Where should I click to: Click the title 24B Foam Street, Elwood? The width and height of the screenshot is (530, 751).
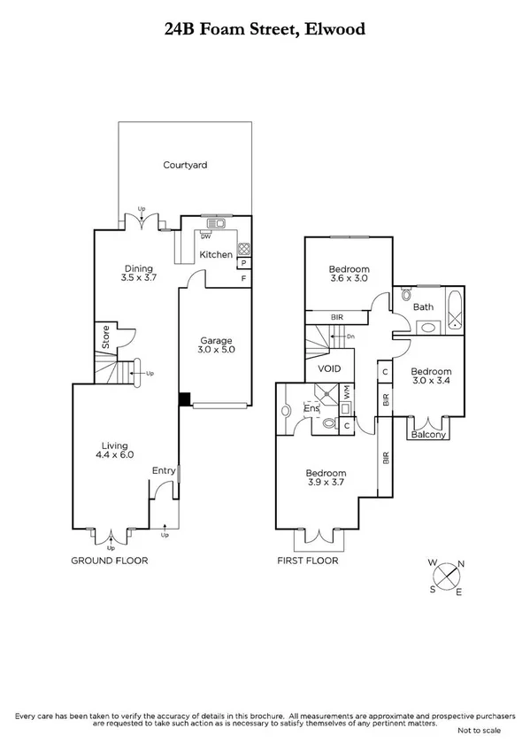[x=265, y=29]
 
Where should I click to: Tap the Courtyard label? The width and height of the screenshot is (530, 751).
[x=185, y=165]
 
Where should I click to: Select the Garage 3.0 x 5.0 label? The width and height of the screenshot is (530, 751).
[x=215, y=345]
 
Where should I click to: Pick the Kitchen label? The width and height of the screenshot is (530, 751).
[x=216, y=254]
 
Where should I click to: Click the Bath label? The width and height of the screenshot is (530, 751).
[x=422, y=306]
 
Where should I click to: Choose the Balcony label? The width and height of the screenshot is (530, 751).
[x=429, y=434]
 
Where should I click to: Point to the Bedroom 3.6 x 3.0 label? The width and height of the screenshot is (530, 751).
[x=349, y=273]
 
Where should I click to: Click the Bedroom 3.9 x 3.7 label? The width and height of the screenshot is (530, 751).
[x=325, y=478]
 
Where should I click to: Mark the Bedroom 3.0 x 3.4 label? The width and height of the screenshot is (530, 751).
[x=431, y=376]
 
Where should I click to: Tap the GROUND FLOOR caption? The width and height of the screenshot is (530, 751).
[x=111, y=561]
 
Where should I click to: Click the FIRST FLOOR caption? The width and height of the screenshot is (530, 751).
[x=306, y=561]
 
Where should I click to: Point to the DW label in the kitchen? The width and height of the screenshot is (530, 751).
[x=205, y=236]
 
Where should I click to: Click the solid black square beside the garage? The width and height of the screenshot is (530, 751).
[x=183, y=399]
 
